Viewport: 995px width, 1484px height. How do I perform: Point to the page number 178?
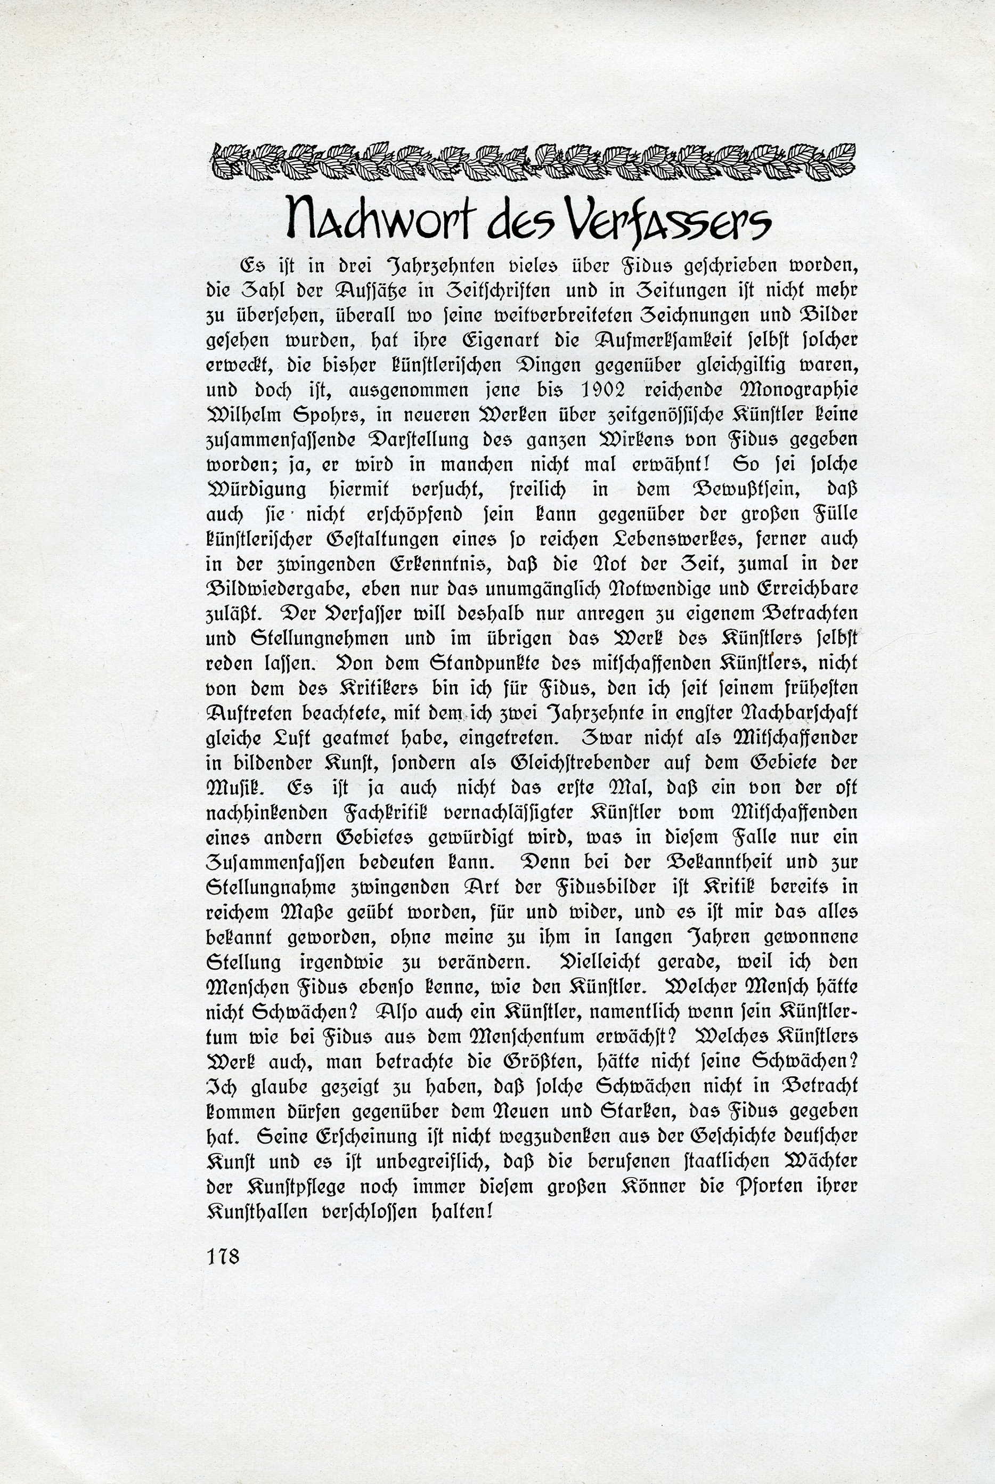(x=222, y=1255)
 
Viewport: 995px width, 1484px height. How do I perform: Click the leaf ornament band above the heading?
(x=532, y=160)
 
